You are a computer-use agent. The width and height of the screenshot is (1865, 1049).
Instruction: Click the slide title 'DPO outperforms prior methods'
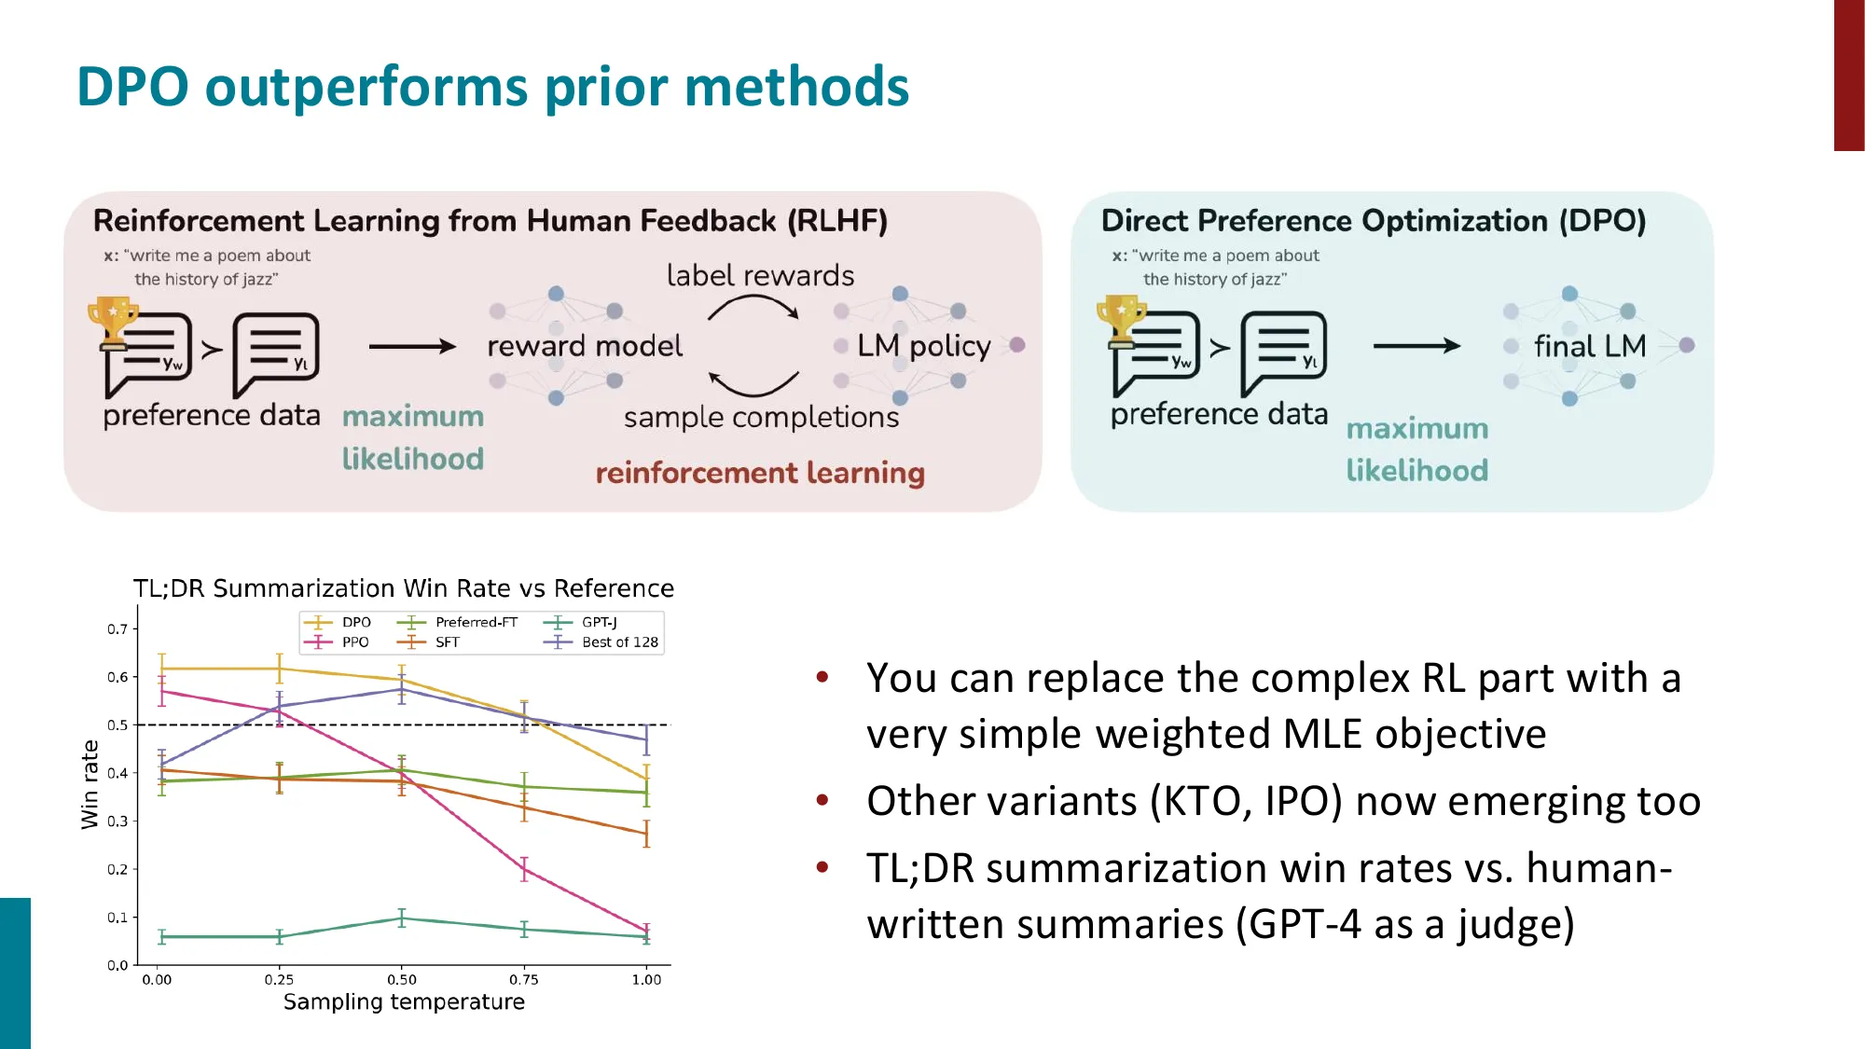[x=492, y=87]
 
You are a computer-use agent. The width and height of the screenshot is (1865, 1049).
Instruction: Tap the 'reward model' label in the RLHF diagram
[x=585, y=346]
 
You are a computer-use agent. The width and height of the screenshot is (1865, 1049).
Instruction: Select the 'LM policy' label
[x=923, y=346]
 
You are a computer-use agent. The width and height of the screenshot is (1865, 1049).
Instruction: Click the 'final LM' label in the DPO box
[x=1590, y=346]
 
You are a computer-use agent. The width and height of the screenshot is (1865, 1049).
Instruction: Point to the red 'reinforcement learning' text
[x=760, y=473]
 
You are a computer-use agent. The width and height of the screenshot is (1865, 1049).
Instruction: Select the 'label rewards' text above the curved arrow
[x=760, y=275]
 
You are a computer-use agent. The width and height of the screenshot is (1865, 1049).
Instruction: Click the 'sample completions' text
[x=761, y=417]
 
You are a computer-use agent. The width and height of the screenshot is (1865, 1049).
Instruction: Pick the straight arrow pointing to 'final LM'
[x=1416, y=346]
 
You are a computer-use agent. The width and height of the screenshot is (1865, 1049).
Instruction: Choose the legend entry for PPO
[x=354, y=642]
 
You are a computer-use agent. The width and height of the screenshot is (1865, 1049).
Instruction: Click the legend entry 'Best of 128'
[x=619, y=642]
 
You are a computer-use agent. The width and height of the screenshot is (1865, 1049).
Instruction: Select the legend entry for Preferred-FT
[x=476, y=622]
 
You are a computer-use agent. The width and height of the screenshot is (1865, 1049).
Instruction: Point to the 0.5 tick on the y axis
[x=117, y=725]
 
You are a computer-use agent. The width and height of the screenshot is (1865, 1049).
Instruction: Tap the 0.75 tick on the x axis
[x=524, y=979]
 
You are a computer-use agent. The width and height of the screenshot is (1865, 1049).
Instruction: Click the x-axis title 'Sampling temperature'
[x=404, y=1001]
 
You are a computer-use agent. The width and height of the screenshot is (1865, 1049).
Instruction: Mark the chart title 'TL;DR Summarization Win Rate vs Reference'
[x=403, y=588]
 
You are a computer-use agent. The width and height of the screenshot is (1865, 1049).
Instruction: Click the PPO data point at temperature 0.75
[x=524, y=869]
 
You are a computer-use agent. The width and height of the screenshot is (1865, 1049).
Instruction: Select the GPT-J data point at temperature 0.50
[x=402, y=918]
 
